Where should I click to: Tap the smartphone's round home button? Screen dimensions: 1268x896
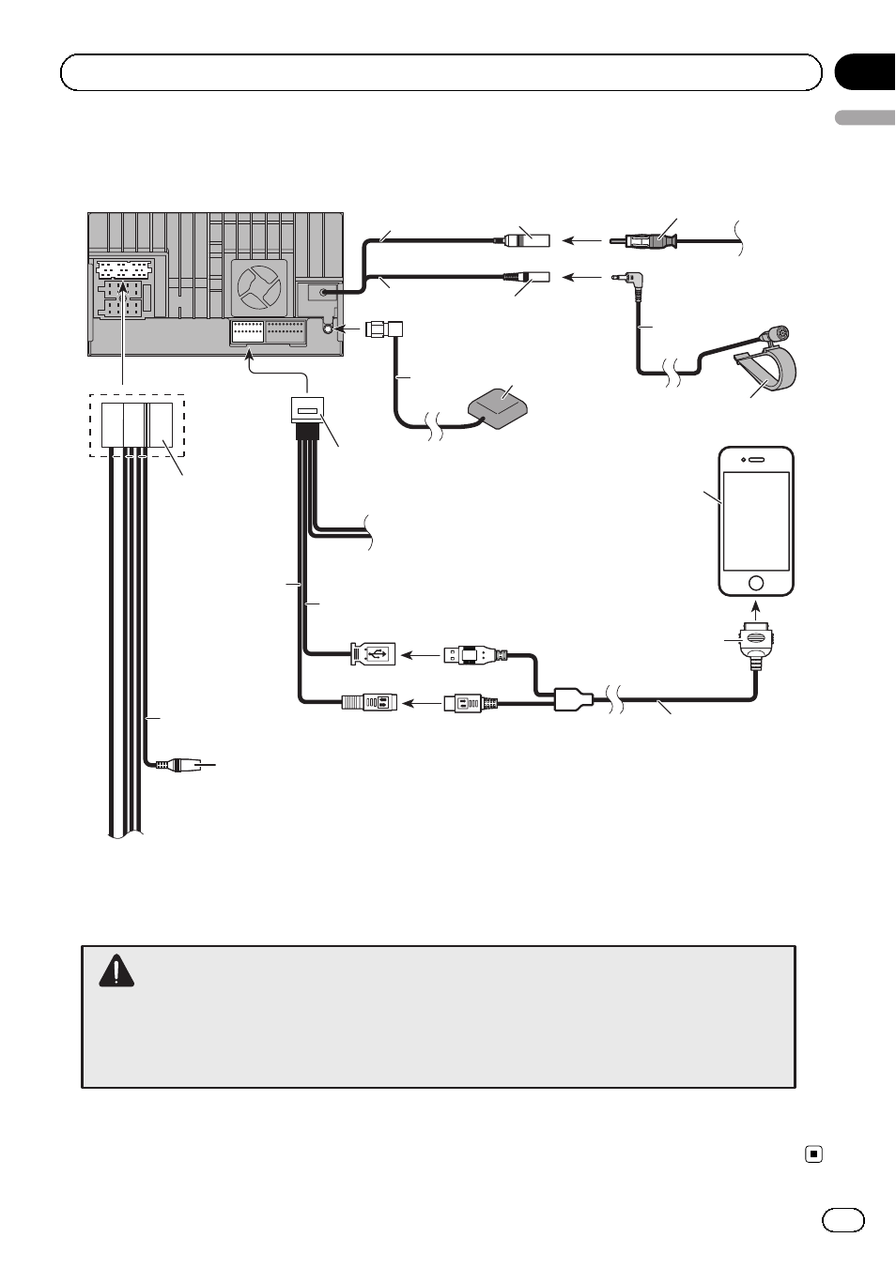coord(756,582)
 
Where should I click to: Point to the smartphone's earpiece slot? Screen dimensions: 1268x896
coord(756,460)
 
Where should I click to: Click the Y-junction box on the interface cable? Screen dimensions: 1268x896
coord(573,699)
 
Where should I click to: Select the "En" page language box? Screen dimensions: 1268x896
coord(842,1219)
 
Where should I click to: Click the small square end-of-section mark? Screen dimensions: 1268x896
coord(814,1154)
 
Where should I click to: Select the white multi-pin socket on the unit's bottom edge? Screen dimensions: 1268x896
coord(247,332)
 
